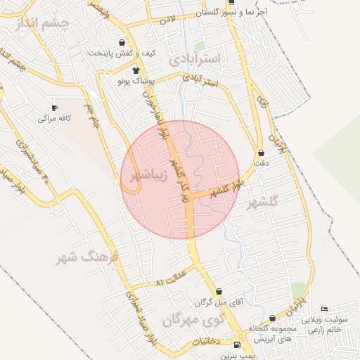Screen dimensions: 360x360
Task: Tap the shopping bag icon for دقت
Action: (262, 153)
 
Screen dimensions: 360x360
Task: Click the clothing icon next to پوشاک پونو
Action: (136, 70)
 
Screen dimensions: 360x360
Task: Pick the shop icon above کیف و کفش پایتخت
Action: (122, 43)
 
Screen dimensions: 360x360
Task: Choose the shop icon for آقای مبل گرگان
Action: (219, 291)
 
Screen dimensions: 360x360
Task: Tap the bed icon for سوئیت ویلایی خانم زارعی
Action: (324, 309)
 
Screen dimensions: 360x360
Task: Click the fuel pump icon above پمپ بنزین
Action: (237, 345)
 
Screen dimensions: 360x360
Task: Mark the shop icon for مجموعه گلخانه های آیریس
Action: (272, 319)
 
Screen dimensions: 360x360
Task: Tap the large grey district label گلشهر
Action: (264, 202)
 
